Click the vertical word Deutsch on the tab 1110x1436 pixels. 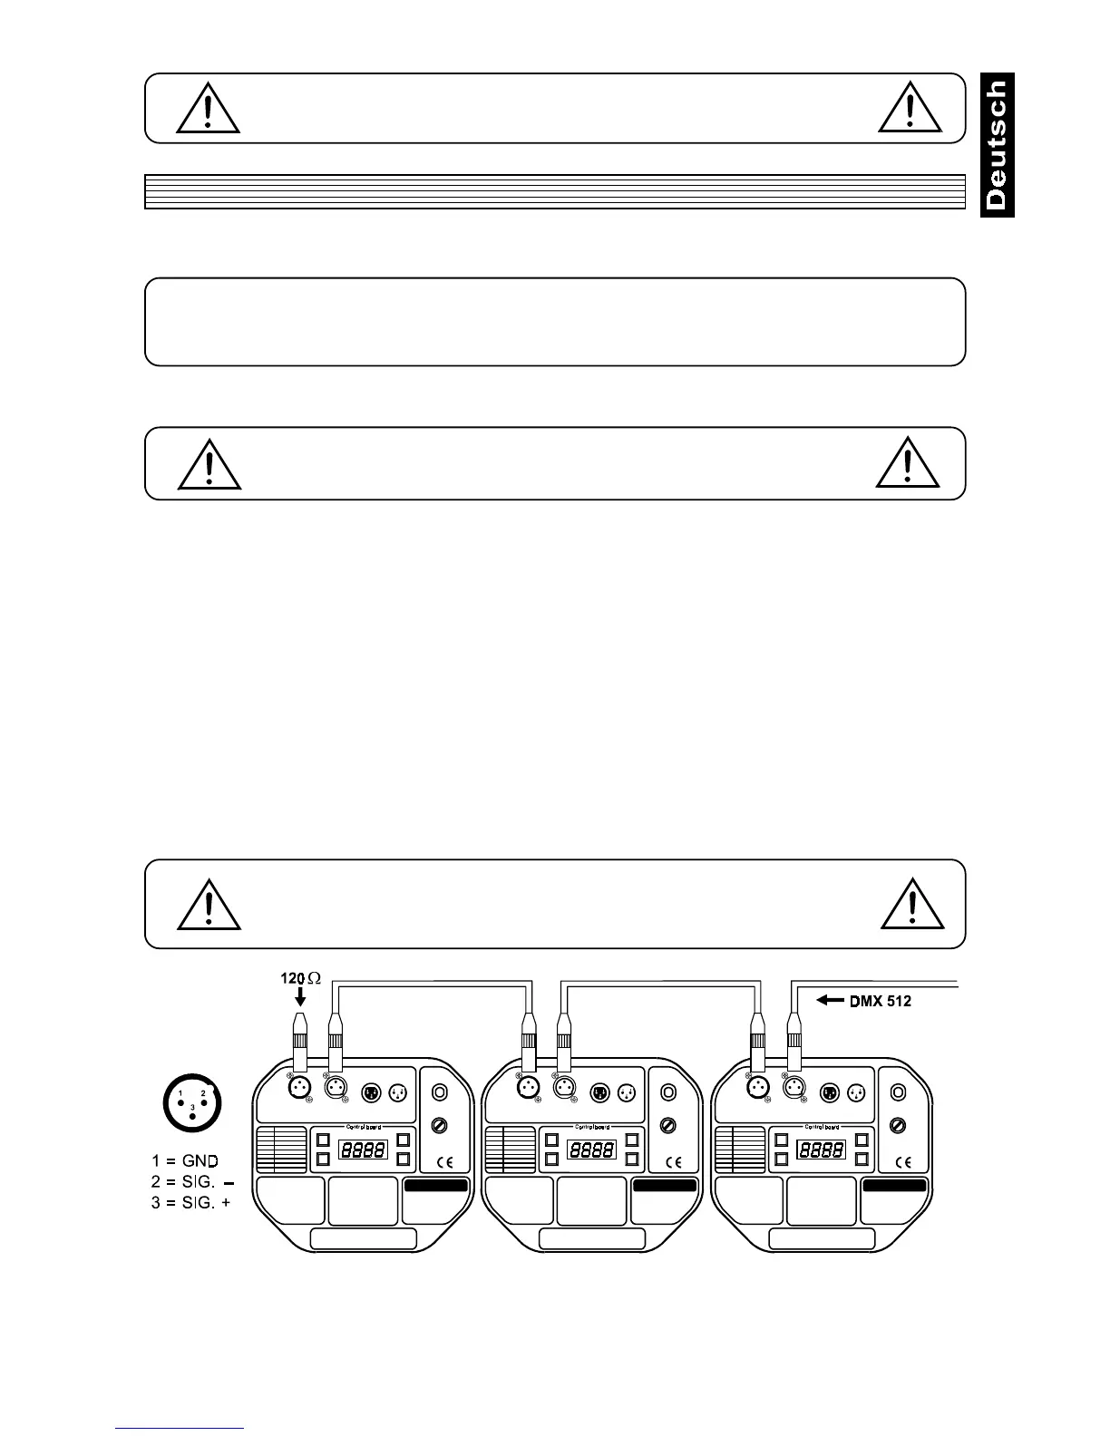point(997,145)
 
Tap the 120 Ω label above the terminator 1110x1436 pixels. point(300,980)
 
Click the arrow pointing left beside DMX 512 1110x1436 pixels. point(832,1000)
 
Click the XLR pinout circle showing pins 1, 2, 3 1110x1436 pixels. point(192,1101)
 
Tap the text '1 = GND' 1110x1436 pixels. point(185,1159)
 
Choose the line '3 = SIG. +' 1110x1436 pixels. point(190,1202)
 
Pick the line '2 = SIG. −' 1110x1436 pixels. point(190,1181)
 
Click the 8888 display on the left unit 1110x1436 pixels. point(363,1150)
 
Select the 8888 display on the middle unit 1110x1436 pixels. point(590,1150)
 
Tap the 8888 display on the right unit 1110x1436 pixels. point(821,1150)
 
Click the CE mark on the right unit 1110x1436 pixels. point(903,1161)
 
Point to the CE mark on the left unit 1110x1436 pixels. point(444,1161)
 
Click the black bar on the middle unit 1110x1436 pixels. point(666,1185)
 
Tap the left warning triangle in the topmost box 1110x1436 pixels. point(208,110)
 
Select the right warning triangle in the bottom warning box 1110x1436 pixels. point(912,905)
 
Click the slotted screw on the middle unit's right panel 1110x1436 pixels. point(668,1125)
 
